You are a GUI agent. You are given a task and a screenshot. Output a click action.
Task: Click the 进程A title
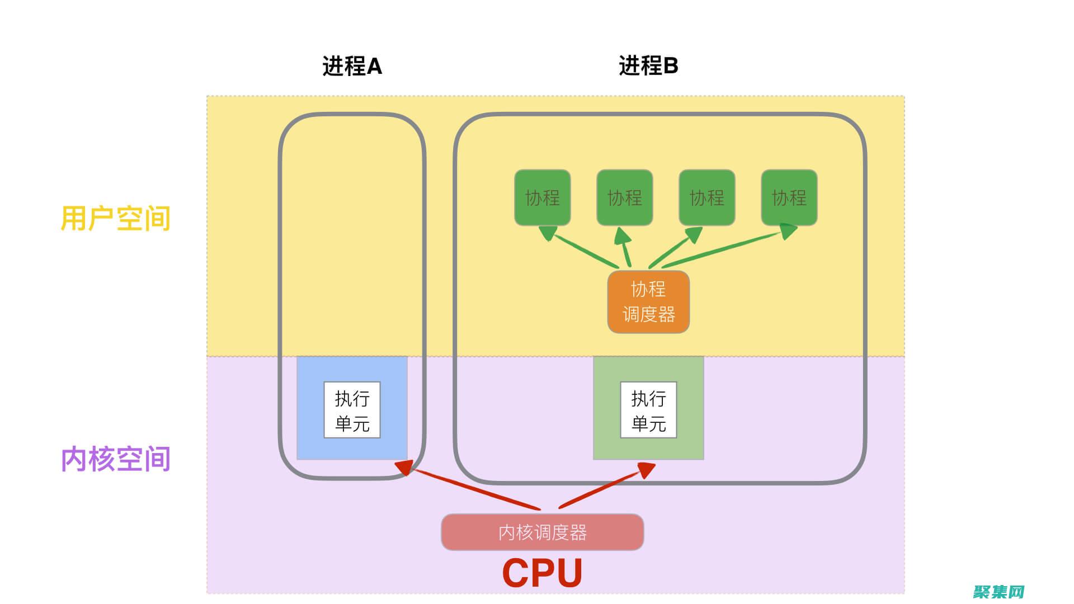click(352, 66)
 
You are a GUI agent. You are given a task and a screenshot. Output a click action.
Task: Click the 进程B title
click(648, 65)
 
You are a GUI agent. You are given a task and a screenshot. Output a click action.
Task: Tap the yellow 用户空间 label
click(115, 218)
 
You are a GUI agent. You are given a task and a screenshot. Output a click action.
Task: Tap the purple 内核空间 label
click(115, 459)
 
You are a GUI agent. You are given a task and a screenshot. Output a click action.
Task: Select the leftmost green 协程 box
click(542, 197)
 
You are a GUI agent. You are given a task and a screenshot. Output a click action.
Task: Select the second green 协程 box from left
click(624, 197)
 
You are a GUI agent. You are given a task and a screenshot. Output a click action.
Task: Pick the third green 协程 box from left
click(706, 197)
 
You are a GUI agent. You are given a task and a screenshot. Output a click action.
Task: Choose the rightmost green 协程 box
click(789, 197)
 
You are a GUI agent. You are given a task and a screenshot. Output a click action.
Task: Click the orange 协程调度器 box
click(648, 302)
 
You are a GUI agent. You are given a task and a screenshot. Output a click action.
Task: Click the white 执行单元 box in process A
click(352, 410)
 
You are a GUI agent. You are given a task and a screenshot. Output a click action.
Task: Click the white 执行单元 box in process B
click(648, 410)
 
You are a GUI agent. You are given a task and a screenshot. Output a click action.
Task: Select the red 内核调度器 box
click(542, 532)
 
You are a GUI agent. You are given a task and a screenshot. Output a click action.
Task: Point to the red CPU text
click(542, 573)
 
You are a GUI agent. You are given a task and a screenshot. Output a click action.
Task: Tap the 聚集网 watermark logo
click(998, 592)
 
